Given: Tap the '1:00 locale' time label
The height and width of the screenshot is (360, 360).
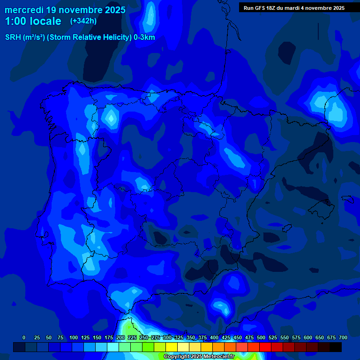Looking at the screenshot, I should [x=33, y=21].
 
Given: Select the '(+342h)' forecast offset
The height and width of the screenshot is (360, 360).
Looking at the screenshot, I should [x=83, y=21].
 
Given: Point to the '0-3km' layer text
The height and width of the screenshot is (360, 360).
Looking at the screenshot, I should [x=144, y=37].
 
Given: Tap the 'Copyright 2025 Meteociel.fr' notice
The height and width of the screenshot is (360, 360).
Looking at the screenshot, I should [x=199, y=357].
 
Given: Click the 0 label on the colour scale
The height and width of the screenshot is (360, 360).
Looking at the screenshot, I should [x=24, y=337].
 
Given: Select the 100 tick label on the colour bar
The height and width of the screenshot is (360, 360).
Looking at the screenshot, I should [x=74, y=337].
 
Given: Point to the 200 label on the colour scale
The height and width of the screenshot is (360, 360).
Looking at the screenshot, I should [x=120, y=337].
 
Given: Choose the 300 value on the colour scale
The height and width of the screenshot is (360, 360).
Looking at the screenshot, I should [x=167, y=337].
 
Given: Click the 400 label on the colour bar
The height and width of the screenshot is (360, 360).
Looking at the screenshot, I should [x=214, y=337].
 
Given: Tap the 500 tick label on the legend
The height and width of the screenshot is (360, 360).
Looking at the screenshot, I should [x=261, y=337].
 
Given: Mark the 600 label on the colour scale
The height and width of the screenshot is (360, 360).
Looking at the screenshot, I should [x=308, y=337].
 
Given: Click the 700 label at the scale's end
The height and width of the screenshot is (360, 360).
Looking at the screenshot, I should [x=343, y=337].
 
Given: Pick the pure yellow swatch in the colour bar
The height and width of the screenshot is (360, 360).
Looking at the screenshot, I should [x=172, y=347].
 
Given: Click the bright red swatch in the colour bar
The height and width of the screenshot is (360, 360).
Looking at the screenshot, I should [x=265, y=347].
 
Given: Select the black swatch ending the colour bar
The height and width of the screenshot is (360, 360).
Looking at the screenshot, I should [x=336, y=347].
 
